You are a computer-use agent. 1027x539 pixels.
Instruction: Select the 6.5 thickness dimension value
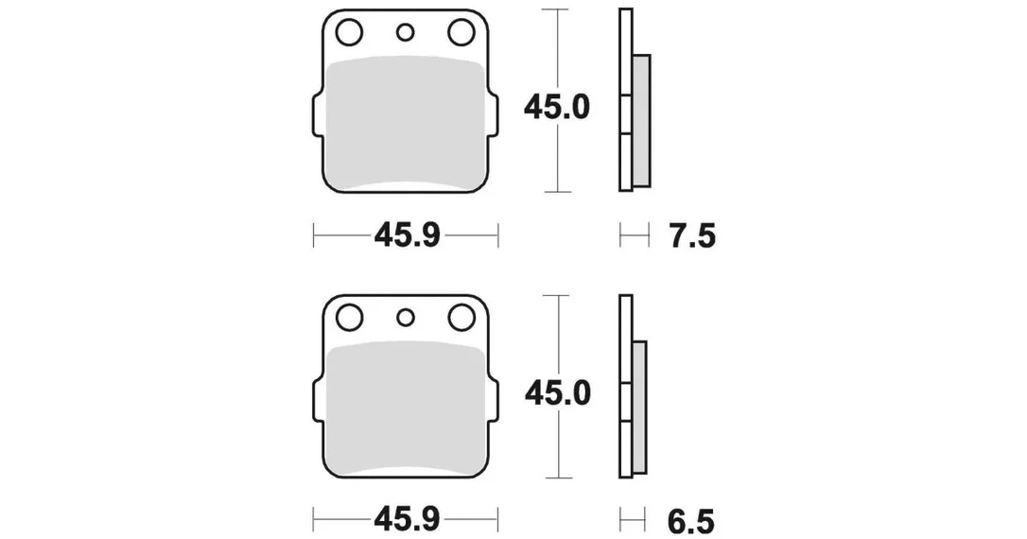pos(691,521)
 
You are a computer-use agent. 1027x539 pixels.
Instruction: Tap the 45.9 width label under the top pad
pos(406,235)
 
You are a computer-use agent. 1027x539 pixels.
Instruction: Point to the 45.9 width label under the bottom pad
pos(406,521)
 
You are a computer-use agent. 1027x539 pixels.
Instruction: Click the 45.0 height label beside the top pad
pos(557,108)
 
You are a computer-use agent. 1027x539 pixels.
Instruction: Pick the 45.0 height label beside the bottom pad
pos(557,393)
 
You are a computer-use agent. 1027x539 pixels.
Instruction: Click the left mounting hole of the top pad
pos(348,32)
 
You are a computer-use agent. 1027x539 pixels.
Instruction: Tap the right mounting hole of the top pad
pos(461,32)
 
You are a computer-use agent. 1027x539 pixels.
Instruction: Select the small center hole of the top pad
pos(406,32)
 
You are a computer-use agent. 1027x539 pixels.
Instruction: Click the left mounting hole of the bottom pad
pos(348,318)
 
